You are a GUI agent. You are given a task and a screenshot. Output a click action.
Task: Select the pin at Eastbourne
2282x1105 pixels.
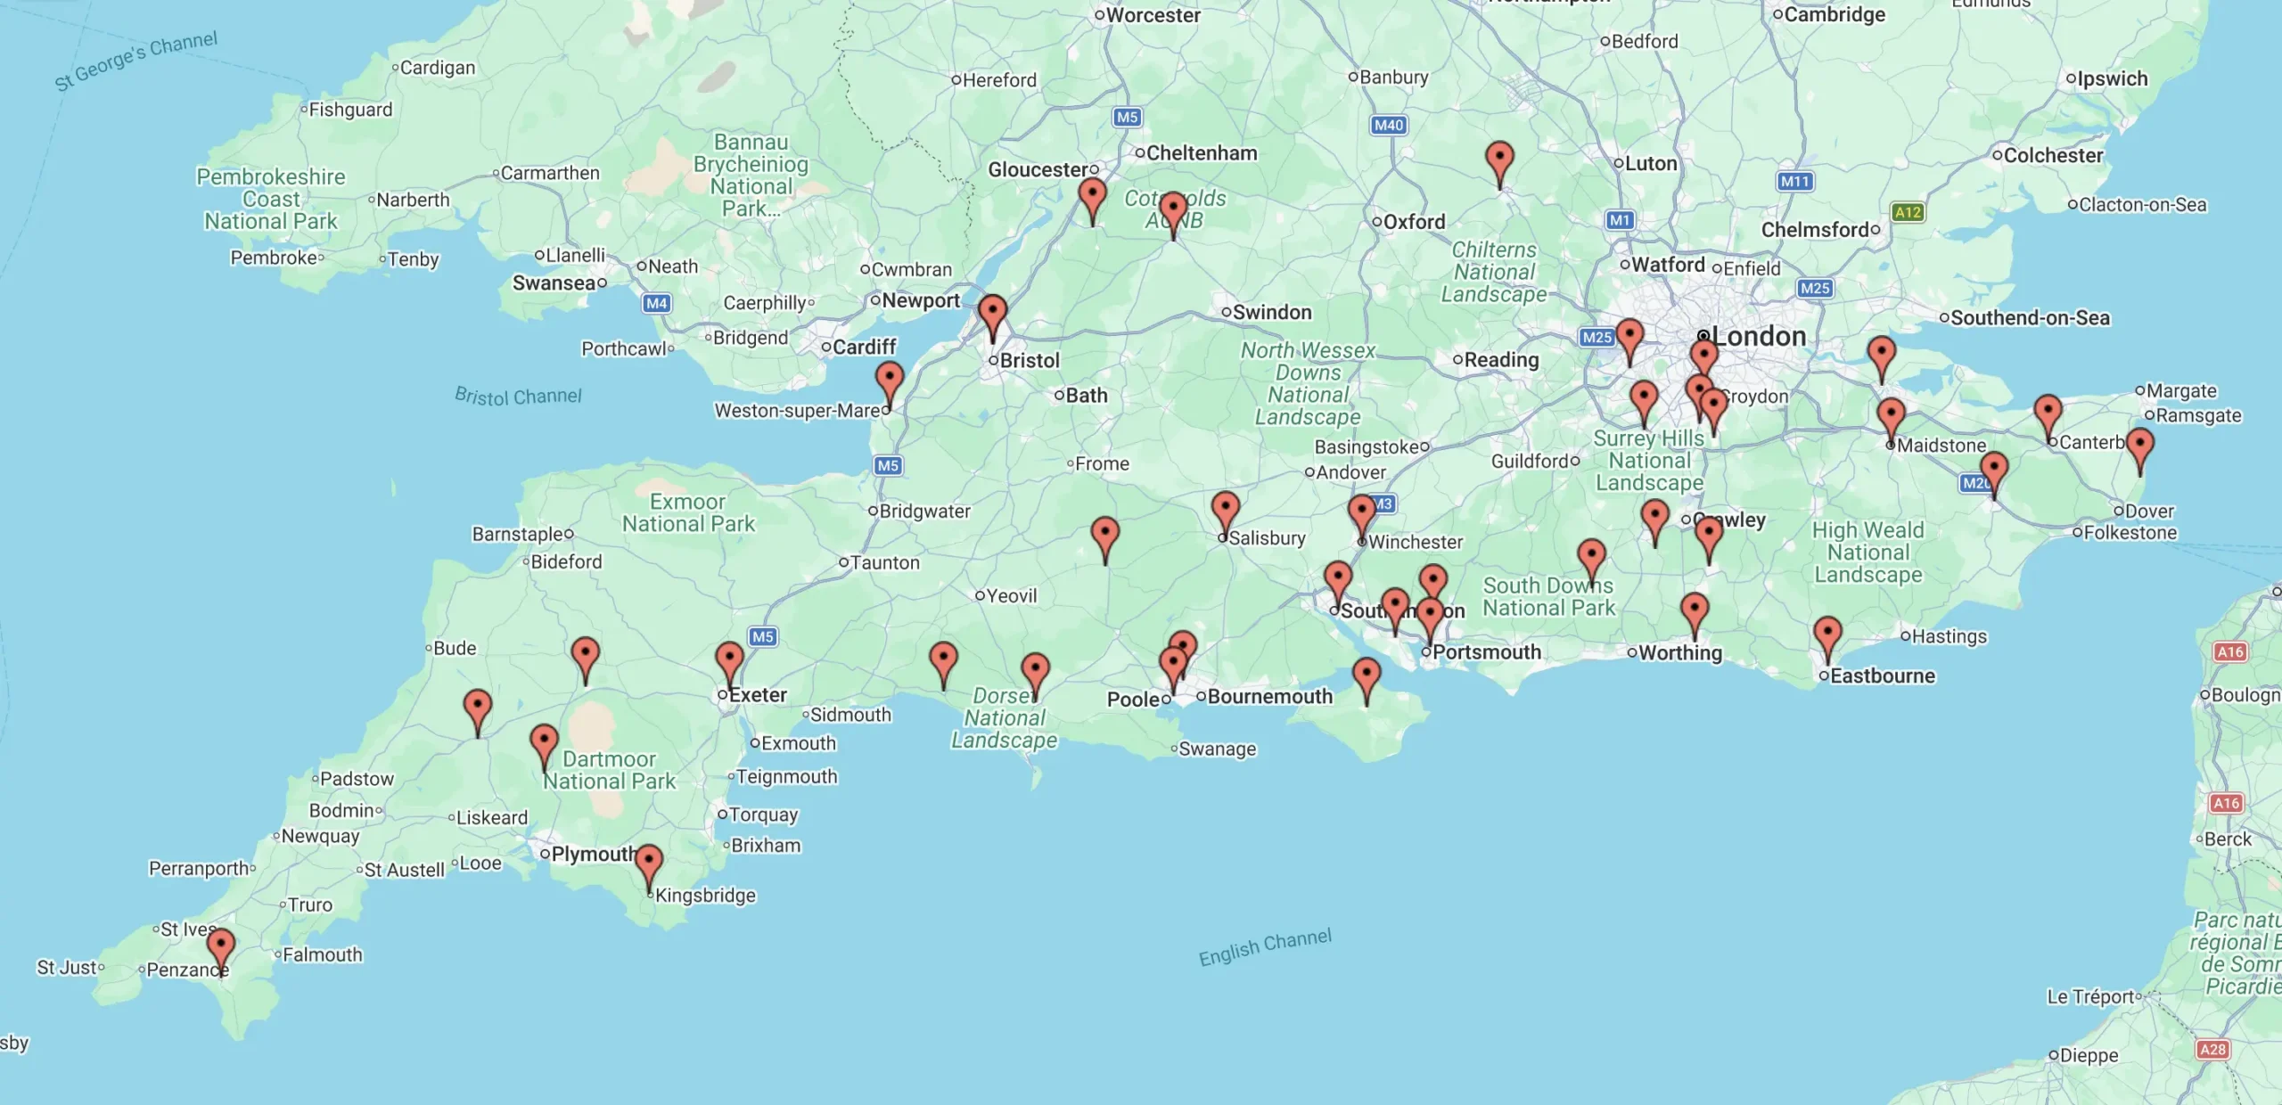[x=1827, y=635]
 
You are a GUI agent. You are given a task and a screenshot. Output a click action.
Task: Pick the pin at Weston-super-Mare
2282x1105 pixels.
[x=889, y=381]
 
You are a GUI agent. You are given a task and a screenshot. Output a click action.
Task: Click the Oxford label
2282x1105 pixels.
[x=1414, y=222]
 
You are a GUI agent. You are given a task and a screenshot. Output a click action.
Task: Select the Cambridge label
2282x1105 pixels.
[x=1834, y=14]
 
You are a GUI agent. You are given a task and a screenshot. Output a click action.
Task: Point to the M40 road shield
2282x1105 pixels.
[x=1388, y=126]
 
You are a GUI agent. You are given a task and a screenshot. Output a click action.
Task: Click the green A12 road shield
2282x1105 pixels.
[x=1907, y=212]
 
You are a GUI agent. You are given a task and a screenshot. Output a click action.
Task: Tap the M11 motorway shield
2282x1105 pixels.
[x=1794, y=182]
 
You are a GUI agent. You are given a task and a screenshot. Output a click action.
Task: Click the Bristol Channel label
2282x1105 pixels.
[x=518, y=396]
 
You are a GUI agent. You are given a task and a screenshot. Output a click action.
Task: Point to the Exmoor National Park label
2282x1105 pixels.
[x=688, y=513]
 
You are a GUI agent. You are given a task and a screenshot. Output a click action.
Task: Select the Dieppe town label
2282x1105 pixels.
[x=2088, y=1055]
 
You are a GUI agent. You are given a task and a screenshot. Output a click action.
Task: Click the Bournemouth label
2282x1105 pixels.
[x=1269, y=697]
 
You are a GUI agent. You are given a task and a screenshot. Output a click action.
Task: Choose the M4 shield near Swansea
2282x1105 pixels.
[x=656, y=303]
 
